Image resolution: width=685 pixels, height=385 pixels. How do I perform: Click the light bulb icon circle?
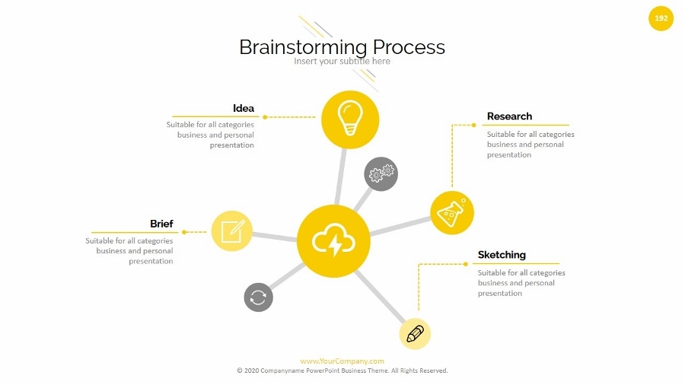coord(349,119)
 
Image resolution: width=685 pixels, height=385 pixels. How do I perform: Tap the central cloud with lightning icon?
coord(333,240)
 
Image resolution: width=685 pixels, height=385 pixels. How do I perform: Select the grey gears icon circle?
coord(381,174)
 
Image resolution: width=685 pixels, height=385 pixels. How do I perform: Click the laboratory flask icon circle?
coord(451,212)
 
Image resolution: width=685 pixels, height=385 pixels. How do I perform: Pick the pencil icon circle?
coord(415,333)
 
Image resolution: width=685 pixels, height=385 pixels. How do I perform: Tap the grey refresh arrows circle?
coord(258,297)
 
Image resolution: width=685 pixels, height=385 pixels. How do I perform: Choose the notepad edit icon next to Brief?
coord(231,231)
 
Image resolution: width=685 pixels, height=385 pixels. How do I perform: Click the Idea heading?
coord(244,108)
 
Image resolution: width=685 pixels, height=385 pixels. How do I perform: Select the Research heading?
coord(509,116)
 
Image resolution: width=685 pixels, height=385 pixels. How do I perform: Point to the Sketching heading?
coord(502,255)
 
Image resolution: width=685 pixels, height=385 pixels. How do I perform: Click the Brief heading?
coord(161,224)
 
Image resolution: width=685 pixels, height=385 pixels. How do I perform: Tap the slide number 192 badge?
coord(661,18)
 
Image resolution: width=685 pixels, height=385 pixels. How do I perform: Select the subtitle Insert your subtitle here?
coord(342,61)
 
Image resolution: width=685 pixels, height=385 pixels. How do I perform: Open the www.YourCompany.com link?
coord(342,361)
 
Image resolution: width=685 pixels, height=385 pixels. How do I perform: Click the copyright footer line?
coord(342,371)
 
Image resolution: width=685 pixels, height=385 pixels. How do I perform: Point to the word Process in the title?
coord(409,47)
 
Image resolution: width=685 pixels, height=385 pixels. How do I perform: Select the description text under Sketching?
coord(521,283)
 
